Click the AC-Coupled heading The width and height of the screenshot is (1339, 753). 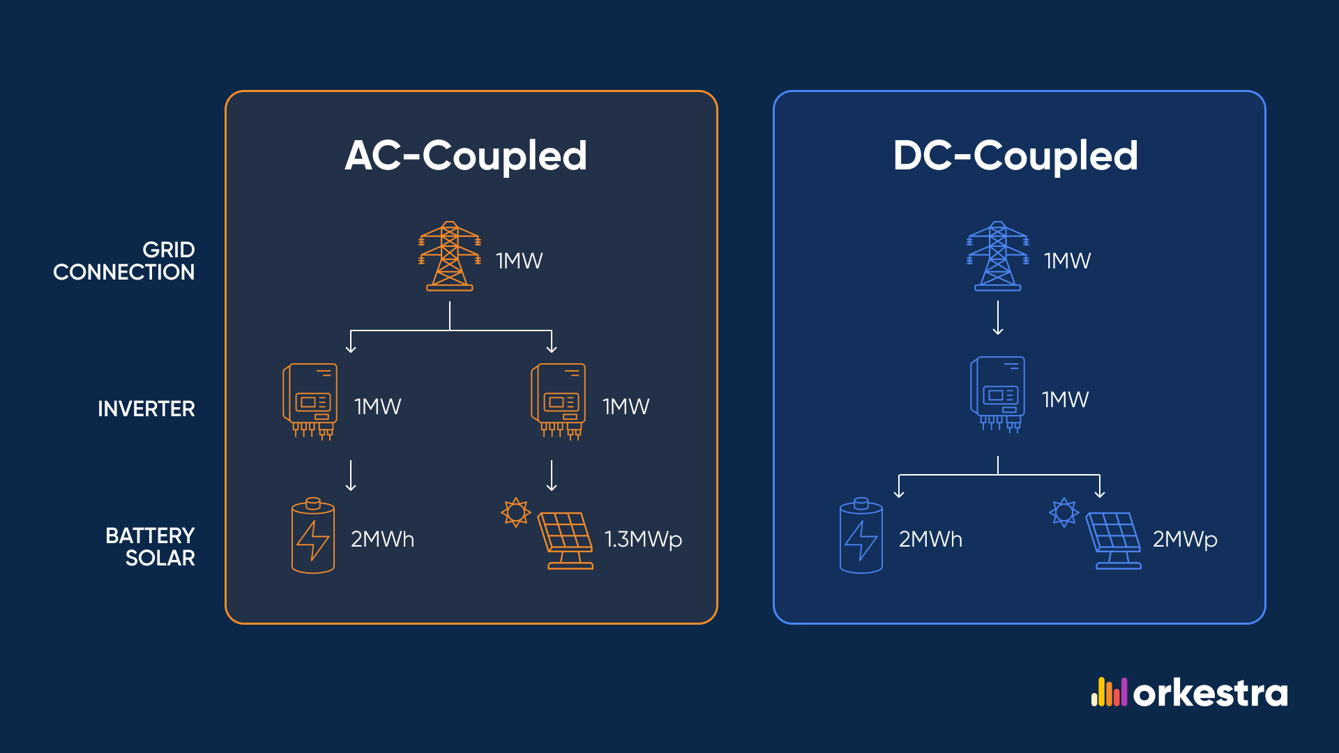point(466,155)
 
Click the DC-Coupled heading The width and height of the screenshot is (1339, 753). point(1015,155)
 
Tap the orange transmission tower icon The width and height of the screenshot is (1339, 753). point(450,256)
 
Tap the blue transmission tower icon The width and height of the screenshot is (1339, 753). point(998,256)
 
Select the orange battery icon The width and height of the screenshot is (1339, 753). point(312,536)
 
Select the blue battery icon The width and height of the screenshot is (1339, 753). point(861,536)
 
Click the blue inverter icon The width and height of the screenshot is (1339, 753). point(998,395)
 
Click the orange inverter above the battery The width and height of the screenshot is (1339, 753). point(310,402)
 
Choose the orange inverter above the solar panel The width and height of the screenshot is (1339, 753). point(559,402)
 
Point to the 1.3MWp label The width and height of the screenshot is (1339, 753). point(643,540)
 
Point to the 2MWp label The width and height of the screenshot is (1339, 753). point(1185,540)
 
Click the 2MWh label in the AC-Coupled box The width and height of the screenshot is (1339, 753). point(382,540)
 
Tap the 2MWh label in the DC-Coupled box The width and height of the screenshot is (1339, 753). point(930,540)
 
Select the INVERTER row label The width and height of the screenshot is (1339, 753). point(146,409)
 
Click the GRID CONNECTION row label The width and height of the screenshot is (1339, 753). point(124,261)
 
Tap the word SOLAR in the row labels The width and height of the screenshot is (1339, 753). point(160,558)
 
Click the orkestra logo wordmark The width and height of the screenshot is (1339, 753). point(1210,694)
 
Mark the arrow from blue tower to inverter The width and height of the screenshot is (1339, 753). point(998,318)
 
